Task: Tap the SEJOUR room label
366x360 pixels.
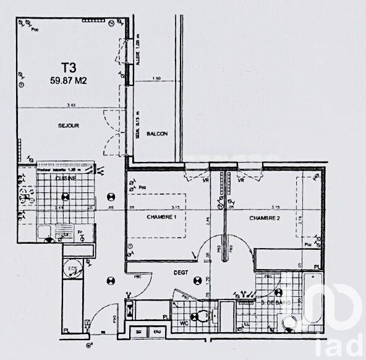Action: pos(69,126)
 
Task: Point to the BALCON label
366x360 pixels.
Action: pos(156,134)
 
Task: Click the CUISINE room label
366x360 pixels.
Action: pos(66,178)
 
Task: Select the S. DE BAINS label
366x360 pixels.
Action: pos(276,302)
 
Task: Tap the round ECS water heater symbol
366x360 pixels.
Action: pos(73,269)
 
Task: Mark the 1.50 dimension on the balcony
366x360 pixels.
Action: pos(156,79)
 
